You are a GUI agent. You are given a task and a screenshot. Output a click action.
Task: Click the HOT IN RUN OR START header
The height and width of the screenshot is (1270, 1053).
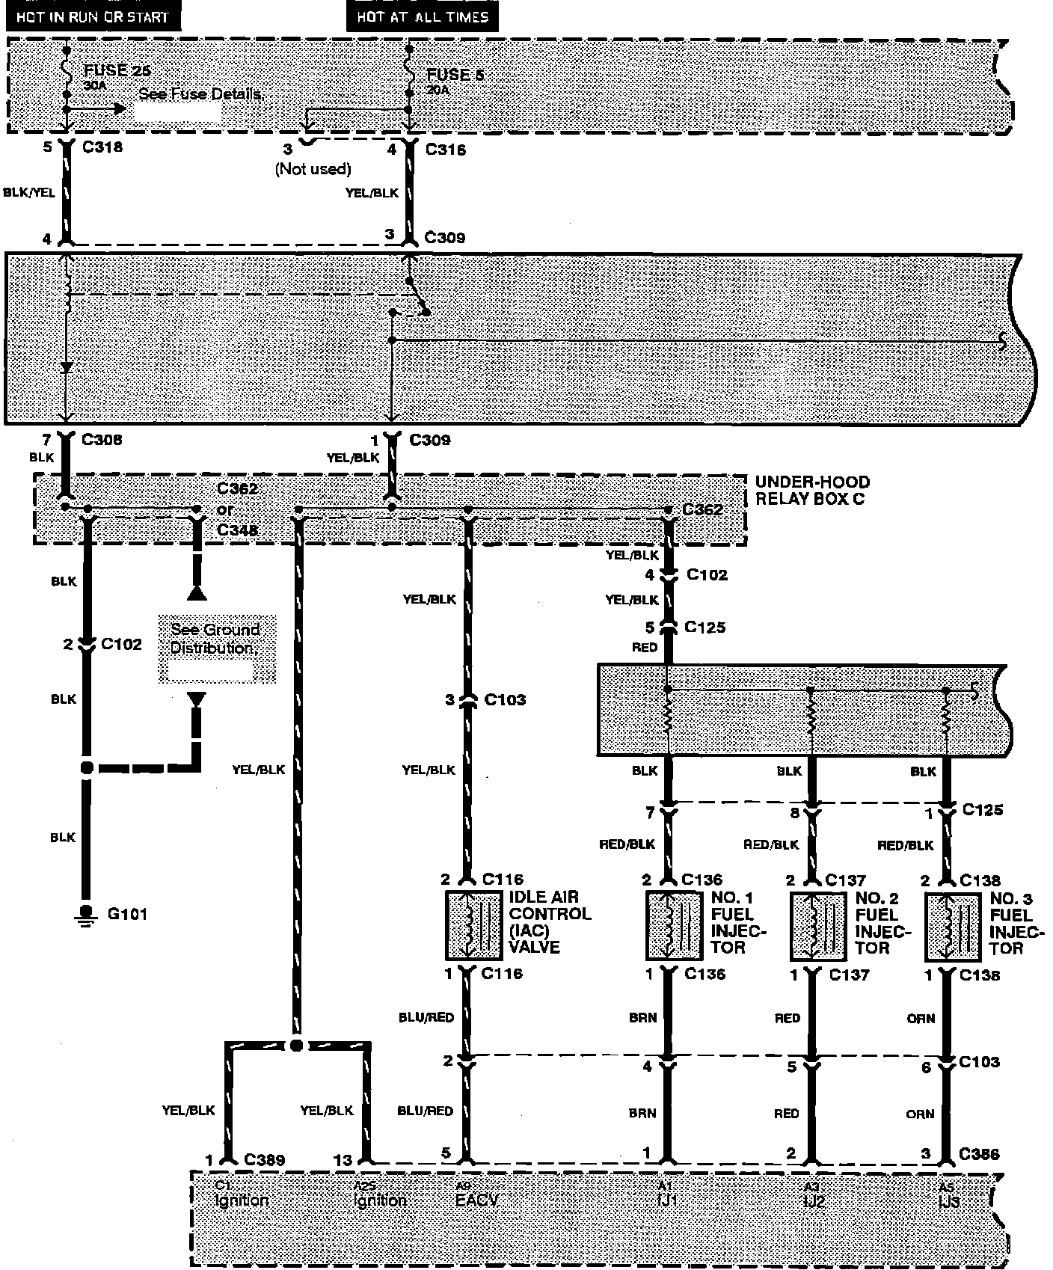(93, 16)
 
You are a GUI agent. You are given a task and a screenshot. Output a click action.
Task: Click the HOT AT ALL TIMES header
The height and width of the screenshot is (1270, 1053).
(422, 16)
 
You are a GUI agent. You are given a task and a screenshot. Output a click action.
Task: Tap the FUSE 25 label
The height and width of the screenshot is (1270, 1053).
(117, 72)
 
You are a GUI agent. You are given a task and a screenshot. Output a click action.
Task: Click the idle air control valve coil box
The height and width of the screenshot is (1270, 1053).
(474, 925)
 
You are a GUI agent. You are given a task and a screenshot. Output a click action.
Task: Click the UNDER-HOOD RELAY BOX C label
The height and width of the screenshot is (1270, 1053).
(811, 491)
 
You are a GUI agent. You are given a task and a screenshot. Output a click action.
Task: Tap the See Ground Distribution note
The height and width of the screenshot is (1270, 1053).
(215, 639)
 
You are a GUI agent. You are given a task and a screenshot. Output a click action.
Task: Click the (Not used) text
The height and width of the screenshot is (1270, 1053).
(313, 169)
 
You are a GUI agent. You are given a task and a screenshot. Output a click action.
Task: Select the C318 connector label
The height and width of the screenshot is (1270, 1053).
(102, 147)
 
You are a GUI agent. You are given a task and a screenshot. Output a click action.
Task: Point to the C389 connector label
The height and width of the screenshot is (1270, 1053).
(264, 1160)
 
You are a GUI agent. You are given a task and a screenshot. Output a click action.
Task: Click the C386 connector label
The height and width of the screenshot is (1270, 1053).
(978, 1155)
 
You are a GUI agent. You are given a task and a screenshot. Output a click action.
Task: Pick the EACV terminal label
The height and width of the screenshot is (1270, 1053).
(476, 1200)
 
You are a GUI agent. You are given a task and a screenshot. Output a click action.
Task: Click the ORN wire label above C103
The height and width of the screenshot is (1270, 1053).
(920, 1018)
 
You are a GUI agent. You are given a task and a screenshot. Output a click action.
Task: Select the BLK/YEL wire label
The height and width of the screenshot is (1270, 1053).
(29, 192)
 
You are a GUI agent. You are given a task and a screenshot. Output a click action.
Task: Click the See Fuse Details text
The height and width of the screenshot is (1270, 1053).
(201, 94)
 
